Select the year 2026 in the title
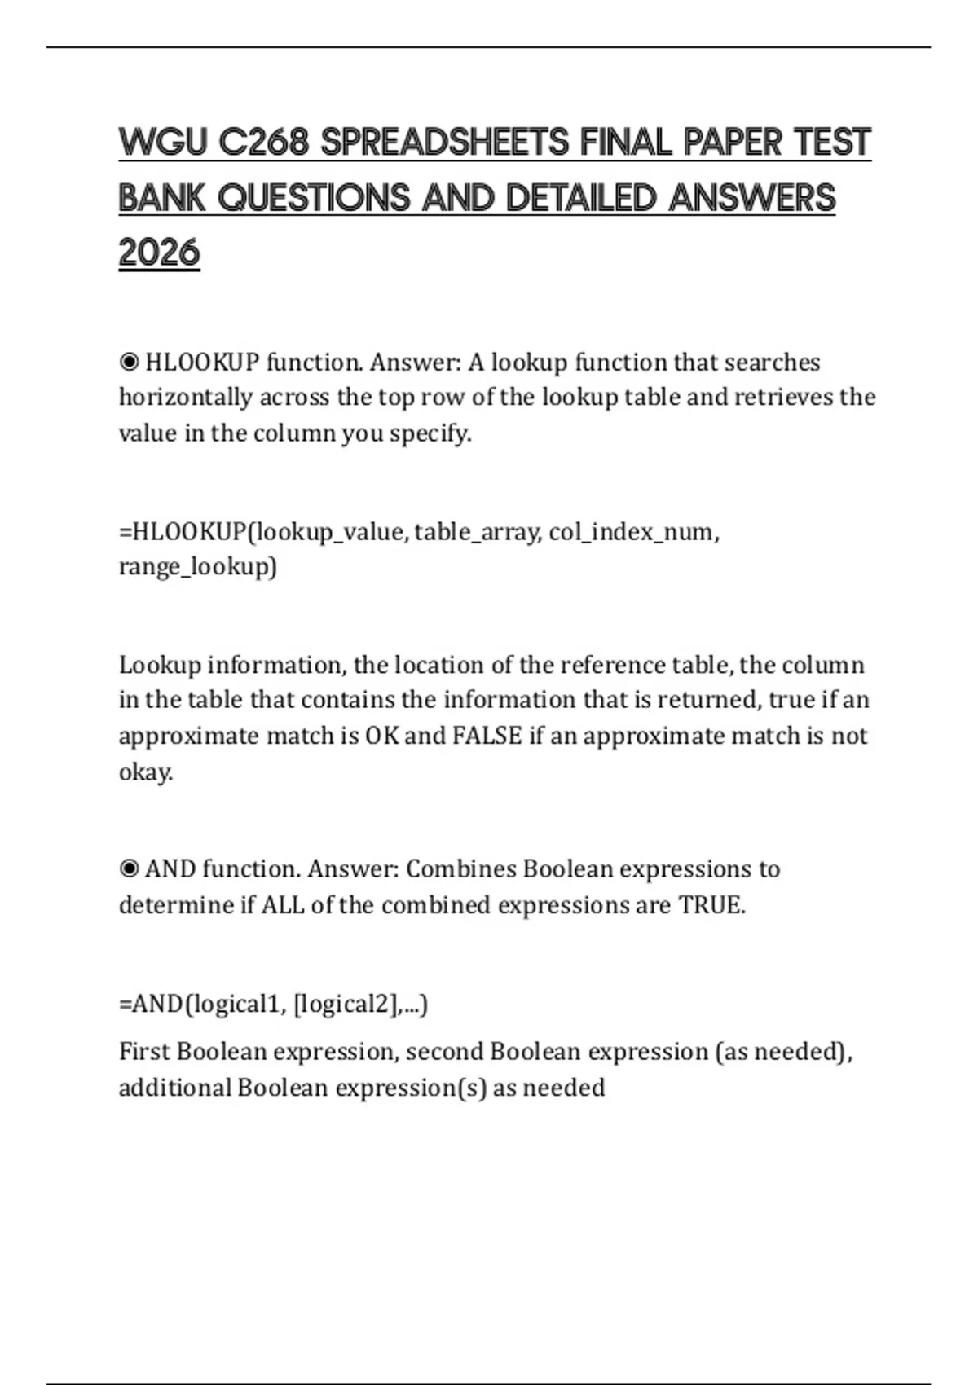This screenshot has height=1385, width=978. [159, 252]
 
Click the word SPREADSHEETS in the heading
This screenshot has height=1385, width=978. [444, 143]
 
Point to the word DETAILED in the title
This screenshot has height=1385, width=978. [580, 198]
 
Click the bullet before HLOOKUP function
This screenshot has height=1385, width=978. [129, 361]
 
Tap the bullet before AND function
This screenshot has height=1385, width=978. [129, 868]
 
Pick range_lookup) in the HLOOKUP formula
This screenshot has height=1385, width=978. [197, 566]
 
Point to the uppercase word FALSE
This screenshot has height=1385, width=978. [487, 736]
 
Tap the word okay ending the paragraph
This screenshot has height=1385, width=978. [144, 772]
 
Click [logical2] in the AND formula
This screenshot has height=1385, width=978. [346, 1004]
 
